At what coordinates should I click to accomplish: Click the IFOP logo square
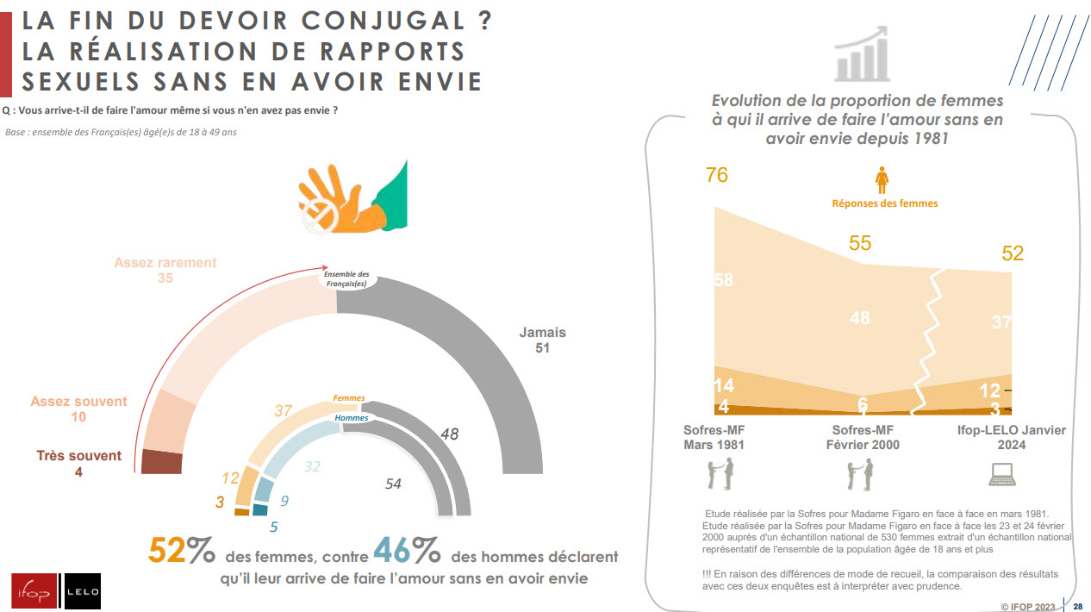tap(34, 591)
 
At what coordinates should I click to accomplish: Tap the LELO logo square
tap(83, 591)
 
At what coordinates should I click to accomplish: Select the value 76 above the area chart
tap(716, 175)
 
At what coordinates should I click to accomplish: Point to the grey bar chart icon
tap(862, 54)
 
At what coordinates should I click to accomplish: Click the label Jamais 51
tap(542, 340)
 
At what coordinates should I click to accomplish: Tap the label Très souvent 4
tap(78, 464)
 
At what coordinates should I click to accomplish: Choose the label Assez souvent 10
tap(78, 409)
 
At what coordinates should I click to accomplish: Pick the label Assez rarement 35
tap(165, 271)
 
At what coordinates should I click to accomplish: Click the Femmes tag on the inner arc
tap(349, 398)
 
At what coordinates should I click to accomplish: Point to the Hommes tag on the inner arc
tap(351, 418)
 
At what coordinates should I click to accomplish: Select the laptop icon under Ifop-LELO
tap(1001, 473)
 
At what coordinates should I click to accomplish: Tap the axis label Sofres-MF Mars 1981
tap(714, 437)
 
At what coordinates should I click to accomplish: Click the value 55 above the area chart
tap(860, 243)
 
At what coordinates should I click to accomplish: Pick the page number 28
tap(1077, 606)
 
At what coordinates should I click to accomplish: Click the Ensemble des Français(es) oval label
tap(346, 278)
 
